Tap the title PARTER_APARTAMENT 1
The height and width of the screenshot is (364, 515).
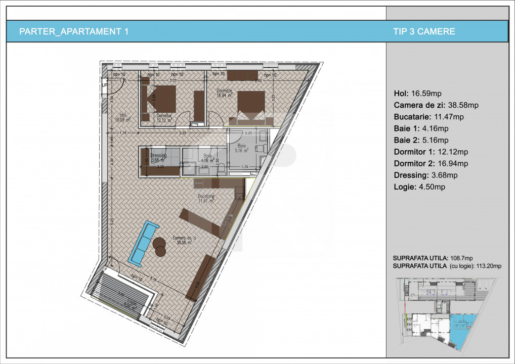tap(73, 31)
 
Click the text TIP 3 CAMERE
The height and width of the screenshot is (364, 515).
tap(424, 31)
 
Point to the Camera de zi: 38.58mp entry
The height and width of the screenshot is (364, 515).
tap(436, 105)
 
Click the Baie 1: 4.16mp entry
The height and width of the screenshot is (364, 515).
tap(421, 128)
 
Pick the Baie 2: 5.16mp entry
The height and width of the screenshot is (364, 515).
tap(421, 140)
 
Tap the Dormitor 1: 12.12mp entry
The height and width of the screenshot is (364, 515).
tap(431, 152)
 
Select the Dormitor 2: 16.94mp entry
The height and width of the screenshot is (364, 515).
tap(431, 163)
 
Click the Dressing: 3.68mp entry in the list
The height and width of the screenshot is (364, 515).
tap(425, 175)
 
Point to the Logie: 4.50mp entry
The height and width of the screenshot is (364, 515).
tap(419, 187)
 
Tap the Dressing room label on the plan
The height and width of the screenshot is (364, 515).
tap(158, 156)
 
